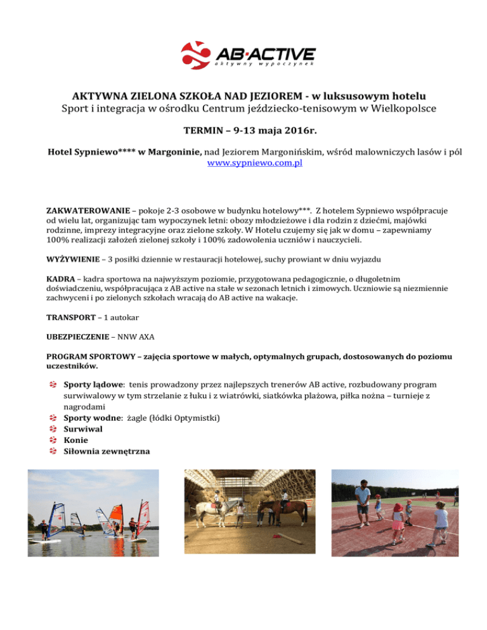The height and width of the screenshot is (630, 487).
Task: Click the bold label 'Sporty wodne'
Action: [x=97, y=417]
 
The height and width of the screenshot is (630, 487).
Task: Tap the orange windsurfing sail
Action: [x=116, y=513]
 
